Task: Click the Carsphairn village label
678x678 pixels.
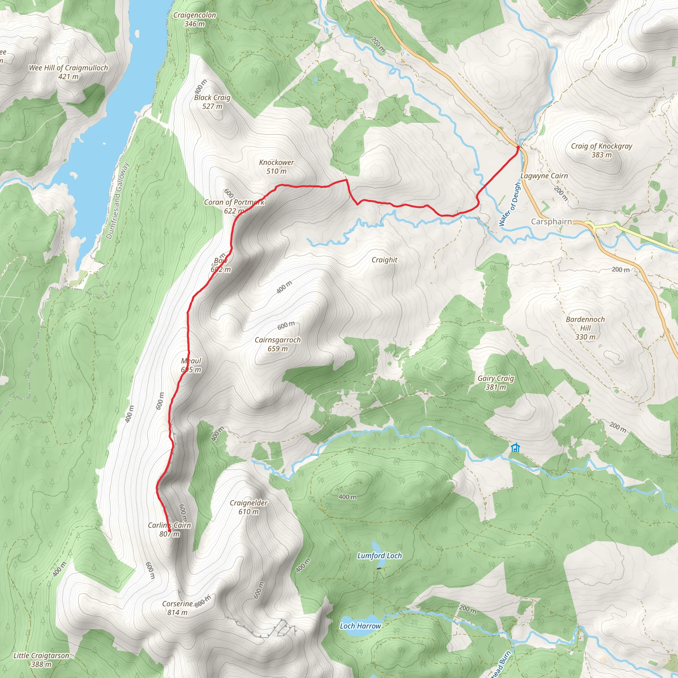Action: (x=551, y=221)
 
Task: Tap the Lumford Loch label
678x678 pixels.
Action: (x=379, y=556)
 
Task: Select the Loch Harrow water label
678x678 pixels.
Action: (x=361, y=626)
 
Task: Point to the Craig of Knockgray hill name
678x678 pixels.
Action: (x=602, y=146)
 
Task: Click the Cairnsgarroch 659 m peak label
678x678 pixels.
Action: (x=277, y=344)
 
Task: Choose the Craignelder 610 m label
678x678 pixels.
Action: (x=249, y=508)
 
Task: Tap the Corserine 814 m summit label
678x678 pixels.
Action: (x=177, y=608)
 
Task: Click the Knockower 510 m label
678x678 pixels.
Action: (x=276, y=167)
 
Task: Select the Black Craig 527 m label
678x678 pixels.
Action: (x=212, y=102)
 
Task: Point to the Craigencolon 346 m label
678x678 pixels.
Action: (x=195, y=19)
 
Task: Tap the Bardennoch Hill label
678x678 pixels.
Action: (x=585, y=328)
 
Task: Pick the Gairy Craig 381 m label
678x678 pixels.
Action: (x=496, y=382)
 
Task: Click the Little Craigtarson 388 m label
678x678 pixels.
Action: (x=41, y=660)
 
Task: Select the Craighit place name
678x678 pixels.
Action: (x=385, y=260)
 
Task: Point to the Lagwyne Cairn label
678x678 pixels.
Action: (x=544, y=176)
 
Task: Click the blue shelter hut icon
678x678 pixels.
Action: (x=515, y=448)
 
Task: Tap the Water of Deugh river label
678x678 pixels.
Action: (x=509, y=204)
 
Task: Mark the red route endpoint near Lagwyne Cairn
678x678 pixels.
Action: (x=518, y=147)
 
